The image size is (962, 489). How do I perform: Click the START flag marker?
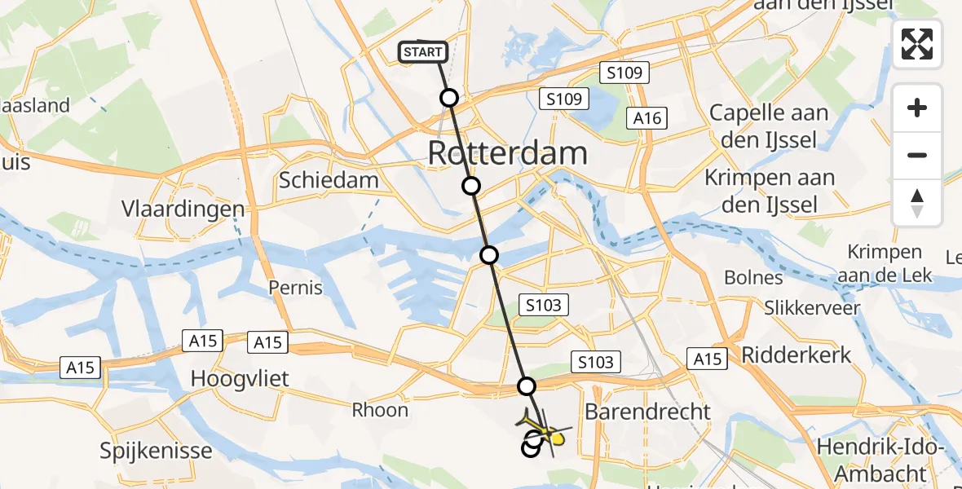tap(422, 52)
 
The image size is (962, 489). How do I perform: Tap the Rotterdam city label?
tap(506, 153)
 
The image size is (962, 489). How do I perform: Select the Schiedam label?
tap(329, 180)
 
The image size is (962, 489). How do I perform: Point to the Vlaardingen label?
tap(183, 209)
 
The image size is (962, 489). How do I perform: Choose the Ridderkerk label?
tap(797, 355)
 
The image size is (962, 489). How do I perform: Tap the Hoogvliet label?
tap(230, 378)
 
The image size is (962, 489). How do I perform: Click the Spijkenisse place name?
tap(156, 451)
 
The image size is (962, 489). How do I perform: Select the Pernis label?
tap(296, 288)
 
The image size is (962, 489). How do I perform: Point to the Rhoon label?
tap(380, 410)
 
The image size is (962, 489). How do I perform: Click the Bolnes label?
tap(753, 278)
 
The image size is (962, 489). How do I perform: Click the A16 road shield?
tap(648, 119)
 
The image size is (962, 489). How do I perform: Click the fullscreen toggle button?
tap(917, 44)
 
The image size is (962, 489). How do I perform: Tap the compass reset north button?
tap(917, 203)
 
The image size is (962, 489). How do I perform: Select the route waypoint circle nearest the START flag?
tap(449, 99)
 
